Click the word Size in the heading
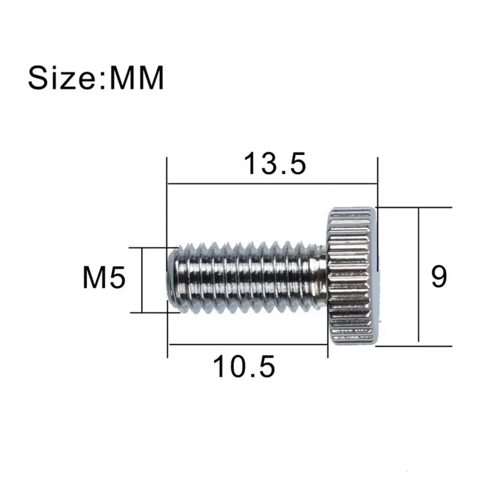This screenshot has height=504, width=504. [x=64, y=78]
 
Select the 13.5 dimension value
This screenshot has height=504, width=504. [x=275, y=164]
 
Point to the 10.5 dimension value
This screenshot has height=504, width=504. [x=244, y=367]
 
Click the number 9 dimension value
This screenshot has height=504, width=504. [x=439, y=276]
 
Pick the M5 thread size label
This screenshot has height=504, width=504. [x=104, y=279]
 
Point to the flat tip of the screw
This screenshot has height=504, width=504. [x=170, y=278]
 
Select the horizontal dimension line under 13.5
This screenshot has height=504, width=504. [x=272, y=184]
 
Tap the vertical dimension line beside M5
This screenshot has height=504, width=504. [x=142, y=280]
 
